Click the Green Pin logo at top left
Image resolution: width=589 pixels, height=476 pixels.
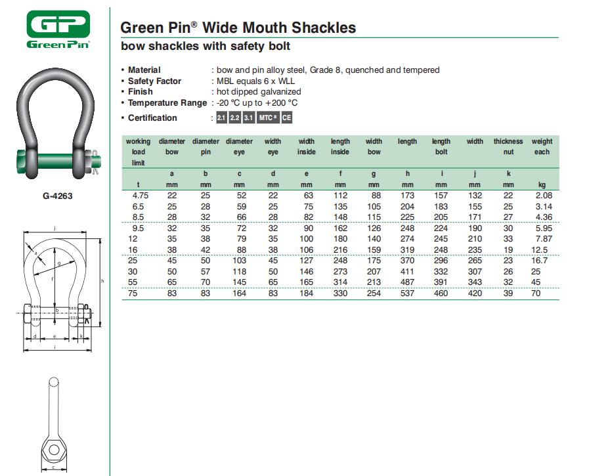58,30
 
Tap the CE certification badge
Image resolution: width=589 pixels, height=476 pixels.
286,118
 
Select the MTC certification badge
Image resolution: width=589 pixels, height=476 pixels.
268,118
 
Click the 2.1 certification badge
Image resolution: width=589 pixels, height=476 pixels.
221,118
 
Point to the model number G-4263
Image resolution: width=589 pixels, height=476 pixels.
58,196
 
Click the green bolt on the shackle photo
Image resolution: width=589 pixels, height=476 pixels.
56,162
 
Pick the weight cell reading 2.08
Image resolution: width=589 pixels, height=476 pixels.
544,196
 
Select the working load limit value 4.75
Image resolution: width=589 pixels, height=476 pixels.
140,196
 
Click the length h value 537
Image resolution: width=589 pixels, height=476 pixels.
407,293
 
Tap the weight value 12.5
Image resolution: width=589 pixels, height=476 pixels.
539,250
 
